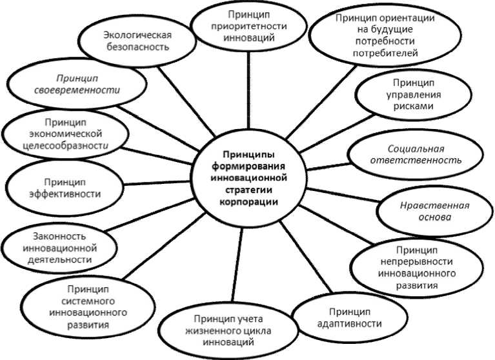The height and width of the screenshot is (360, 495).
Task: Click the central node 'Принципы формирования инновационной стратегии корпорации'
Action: [248, 178]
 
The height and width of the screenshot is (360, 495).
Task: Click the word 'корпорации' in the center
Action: [248, 201]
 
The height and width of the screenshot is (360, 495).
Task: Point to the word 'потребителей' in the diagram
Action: [381, 52]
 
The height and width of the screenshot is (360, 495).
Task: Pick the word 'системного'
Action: [77, 301]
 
